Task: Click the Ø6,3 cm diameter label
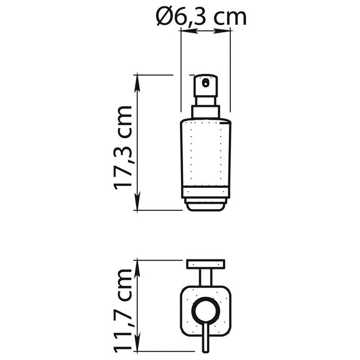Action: (201, 17)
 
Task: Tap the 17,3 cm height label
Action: (123, 148)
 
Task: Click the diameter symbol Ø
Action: (164, 16)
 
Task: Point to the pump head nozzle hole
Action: (205, 83)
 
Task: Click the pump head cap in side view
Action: (205, 86)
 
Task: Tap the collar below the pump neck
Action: (205, 112)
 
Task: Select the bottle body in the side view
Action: (205, 158)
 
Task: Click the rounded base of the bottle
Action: (205, 205)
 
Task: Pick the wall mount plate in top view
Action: (205, 264)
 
